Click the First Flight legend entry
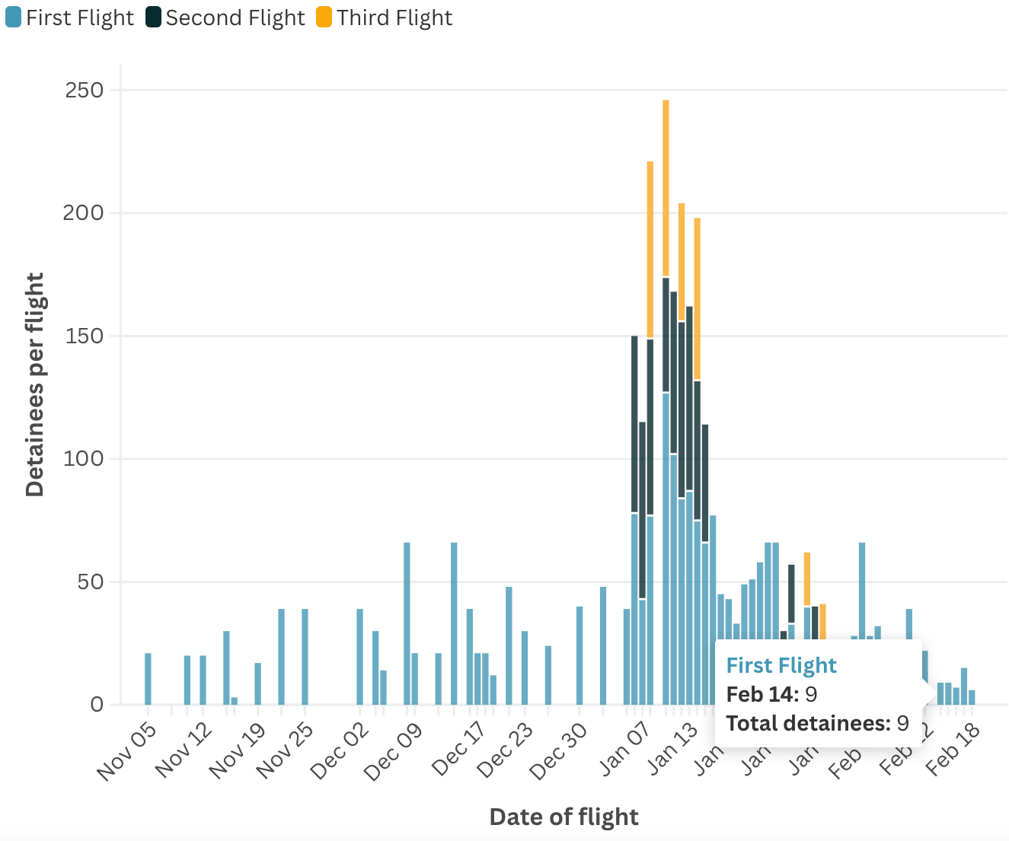point(70,18)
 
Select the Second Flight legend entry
point(226,18)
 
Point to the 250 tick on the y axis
point(85,90)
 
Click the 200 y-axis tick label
point(85,212)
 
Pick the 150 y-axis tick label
point(85,336)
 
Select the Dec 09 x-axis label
point(394,751)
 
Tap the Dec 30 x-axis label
point(560,751)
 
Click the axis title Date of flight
point(564,817)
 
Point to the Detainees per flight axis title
point(35,384)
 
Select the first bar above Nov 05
point(148,678)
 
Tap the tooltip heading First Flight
point(781,665)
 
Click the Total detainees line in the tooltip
point(817,723)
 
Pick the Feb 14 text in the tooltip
point(762,694)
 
